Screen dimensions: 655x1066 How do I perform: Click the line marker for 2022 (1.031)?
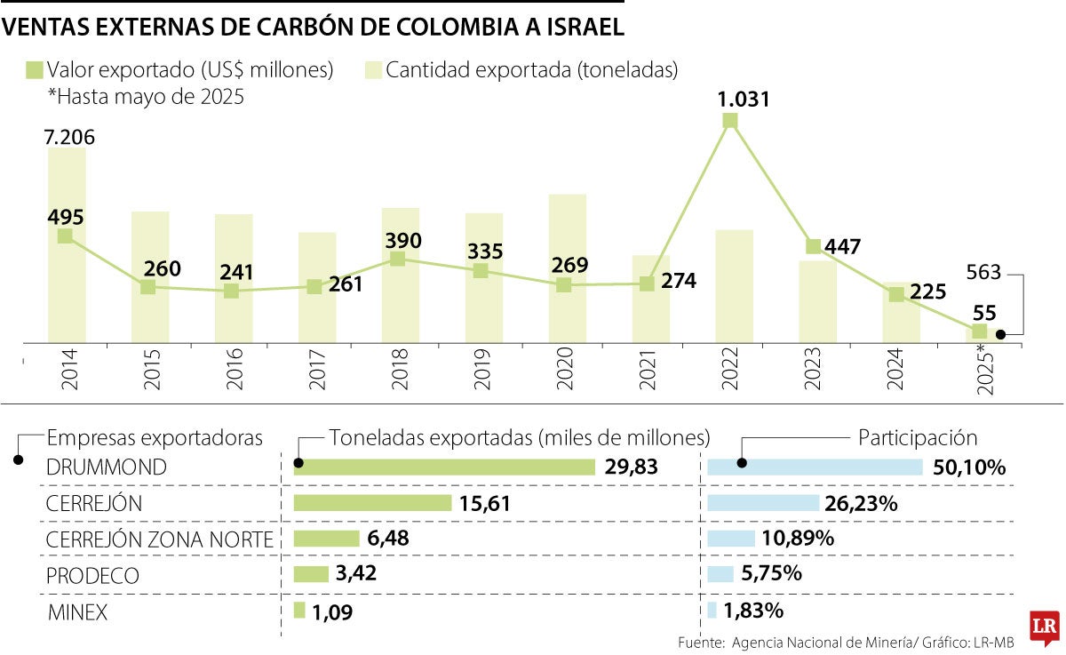730,121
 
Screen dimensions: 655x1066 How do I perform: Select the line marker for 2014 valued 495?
65,236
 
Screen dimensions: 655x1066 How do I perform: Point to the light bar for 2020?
568,268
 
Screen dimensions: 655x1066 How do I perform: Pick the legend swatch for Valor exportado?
35,70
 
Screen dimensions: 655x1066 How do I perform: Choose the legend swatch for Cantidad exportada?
373,70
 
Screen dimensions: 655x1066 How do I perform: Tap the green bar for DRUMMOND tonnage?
443,467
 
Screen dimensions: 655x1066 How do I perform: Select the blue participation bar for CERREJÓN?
763,503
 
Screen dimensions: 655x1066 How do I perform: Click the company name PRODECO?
92,575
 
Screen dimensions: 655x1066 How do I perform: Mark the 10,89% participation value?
797,539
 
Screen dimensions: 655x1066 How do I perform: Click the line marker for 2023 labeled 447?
813,246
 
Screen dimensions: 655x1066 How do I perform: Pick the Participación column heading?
918,438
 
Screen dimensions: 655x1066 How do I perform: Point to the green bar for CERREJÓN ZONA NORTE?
326,539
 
